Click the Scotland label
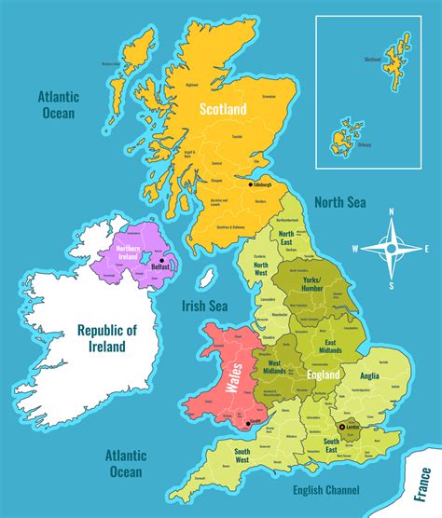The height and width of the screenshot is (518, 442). (x=223, y=110)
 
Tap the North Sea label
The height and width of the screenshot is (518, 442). (x=339, y=202)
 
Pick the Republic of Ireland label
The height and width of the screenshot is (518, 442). (x=107, y=338)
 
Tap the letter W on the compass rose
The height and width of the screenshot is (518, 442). (x=356, y=249)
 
